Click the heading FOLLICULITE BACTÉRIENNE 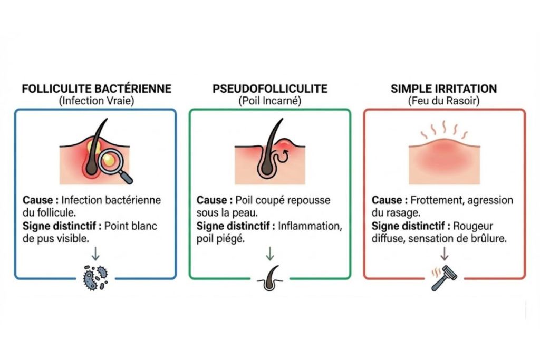click(x=97, y=89)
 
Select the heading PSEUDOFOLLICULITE click(x=270, y=89)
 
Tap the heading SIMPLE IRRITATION click(x=443, y=89)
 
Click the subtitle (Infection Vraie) click(x=97, y=101)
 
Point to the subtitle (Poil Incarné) click(x=270, y=101)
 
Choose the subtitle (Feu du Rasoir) click(x=443, y=101)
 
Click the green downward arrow click(x=270, y=255)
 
